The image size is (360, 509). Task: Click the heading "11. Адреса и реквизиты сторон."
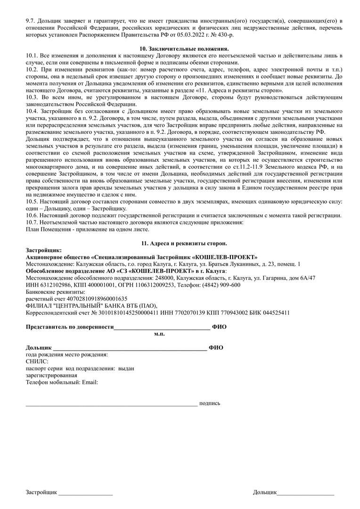pos(184,243)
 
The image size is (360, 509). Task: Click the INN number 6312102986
pos(52,285)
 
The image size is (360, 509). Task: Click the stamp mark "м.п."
pos(159,333)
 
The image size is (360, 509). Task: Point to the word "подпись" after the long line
pos(210,403)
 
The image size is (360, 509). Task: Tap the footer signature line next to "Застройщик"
pos(85,493)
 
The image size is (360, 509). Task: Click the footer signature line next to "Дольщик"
pos(306,493)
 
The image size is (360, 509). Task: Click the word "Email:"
pos(90,382)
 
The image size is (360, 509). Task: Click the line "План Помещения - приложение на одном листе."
pos(87,230)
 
